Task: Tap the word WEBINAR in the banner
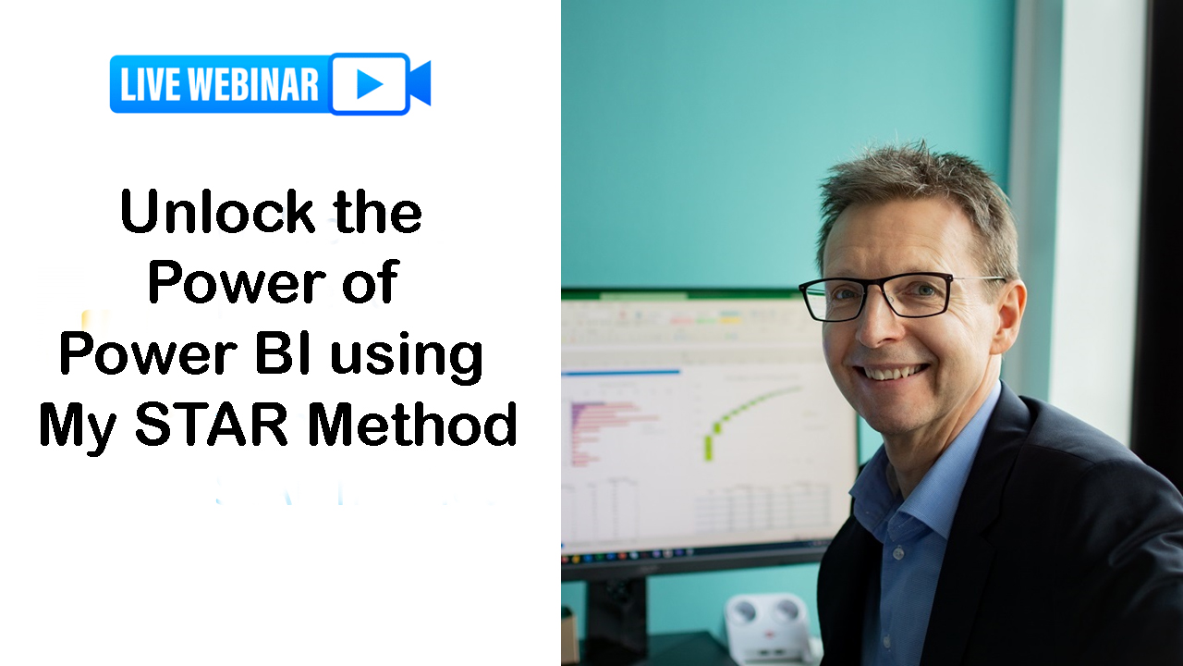click(x=253, y=84)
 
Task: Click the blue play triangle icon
click(x=370, y=83)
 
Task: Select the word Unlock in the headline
click(x=217, y=212)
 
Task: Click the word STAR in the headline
click(x=212, y=425)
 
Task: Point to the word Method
click(x=412, y=425)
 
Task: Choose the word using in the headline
click(x=407, y=360)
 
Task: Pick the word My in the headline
click(x=79, y=429)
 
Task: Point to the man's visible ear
click(x=1010, y=317)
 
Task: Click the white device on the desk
click(x=768, y=627)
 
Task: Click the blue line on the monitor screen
click(x=621, y=373)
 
